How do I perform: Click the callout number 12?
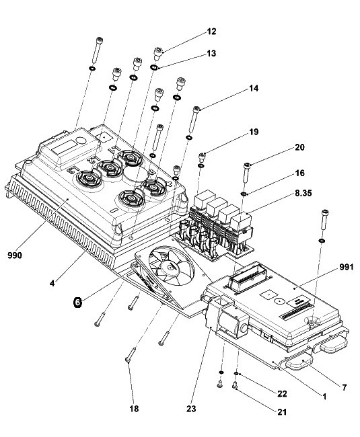pyautogui.click(x=212, y=32)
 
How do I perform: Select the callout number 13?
pyautogui.click(x=212, y=53)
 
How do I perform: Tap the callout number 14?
pyautogui.click(x=254, y=88)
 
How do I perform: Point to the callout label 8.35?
pyautogui.click(x=303, y=193)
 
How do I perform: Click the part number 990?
pyautogui.click(x=15, y=255)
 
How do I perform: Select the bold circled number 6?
pyautogui.click(x=78, y=302)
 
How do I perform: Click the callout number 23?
pyautogui.click(x=191, y=409)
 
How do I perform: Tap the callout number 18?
pyautogui.click(x=134, y=409)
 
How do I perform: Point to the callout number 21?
pyautogui.click(x=282, y=411)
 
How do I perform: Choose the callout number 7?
pyautogui.click(x=345, y=387)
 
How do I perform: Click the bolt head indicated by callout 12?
pyautogui.click(x=158, y=50)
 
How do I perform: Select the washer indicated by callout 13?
pyautogui.click(x=153, y=67)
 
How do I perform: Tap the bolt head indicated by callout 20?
pyautogui.click(x=247, y=165)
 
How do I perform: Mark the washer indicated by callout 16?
pyautogui.click(x=244, y=194)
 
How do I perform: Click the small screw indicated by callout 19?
pyautogui.click(x=202, y=157)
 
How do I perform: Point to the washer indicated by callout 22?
pyautogui.click(x=236, y=373)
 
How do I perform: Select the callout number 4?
pyautogui.click(x=52, y=284)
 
